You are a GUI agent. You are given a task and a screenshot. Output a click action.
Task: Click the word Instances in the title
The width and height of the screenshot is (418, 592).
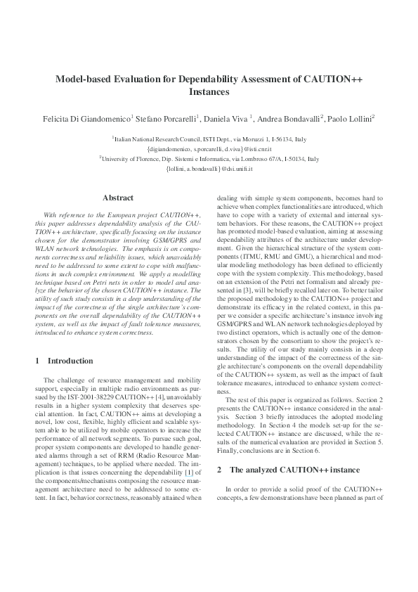click(x=209, y=91)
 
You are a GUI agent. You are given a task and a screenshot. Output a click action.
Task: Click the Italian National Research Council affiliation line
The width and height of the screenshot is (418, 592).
click(x=209, y=140)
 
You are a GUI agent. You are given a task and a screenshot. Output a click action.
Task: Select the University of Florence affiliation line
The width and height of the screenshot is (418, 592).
click(x=209, y=159)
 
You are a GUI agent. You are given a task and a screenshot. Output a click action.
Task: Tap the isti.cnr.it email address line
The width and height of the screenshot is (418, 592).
click(x=209, y=149)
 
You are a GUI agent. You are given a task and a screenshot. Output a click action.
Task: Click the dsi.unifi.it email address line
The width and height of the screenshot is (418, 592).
click(x=209, y=169)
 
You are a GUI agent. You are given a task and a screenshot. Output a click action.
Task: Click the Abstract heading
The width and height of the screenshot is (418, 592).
click(x=118, y=198)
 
